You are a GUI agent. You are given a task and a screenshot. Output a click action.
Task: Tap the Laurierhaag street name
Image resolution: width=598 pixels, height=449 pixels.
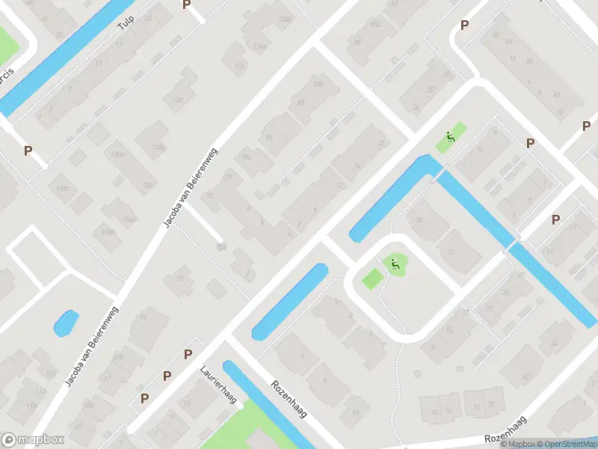pyautogui.click(x=218, y=384)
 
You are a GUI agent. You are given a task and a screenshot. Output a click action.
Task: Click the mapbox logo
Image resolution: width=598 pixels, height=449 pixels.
pyautogui.click(x=33, y=440)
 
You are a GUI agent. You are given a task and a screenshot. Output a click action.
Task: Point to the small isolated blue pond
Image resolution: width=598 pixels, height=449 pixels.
pyautogui.click(x=65, y=323)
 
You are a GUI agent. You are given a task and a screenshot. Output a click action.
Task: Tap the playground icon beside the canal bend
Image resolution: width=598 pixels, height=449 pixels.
pyautogui.click(x=450, y=137)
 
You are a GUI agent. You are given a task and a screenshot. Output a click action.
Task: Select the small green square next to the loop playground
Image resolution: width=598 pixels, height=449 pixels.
pyautogui.click(x=372, y=278)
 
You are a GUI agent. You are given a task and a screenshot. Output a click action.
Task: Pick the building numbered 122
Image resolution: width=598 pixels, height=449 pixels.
pyautogui.click(x=178, y=100)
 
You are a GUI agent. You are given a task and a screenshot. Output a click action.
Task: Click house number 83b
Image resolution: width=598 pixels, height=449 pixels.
pyautogui.click(x=319, y=84)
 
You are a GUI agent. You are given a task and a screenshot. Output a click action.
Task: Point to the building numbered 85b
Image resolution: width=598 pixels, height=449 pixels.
pyautogui.click(x=376, y=25)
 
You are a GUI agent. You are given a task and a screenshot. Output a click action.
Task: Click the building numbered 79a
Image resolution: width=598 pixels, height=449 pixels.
pyautogui.click(x=246, y=158)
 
